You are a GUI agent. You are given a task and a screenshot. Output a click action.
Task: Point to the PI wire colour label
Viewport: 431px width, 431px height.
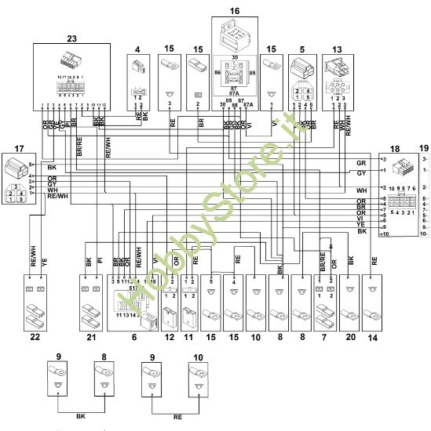point(100,263)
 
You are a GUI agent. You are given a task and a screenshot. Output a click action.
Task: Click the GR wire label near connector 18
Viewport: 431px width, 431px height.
point(360,162)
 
